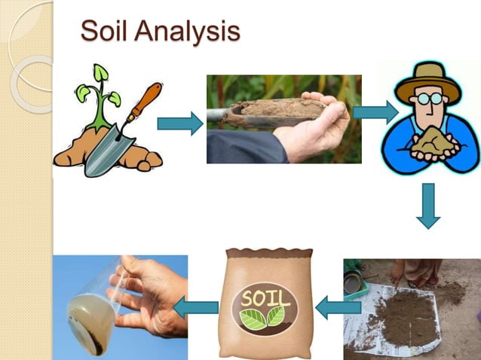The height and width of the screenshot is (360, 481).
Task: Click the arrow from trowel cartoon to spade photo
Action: (179, 122)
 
